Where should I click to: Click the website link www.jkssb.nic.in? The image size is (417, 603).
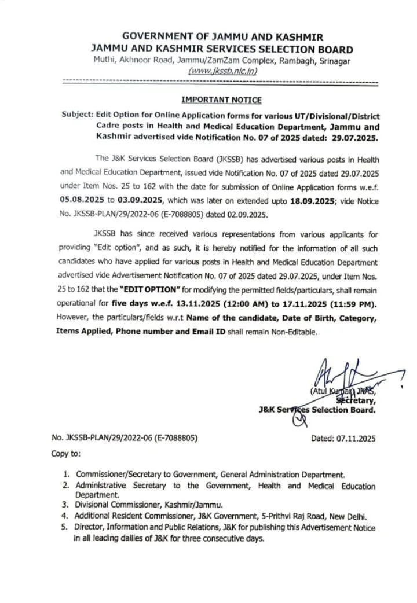223,71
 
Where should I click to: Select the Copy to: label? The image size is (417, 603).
66,453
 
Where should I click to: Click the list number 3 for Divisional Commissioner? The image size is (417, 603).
67,504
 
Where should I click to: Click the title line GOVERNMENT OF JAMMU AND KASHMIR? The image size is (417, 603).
223,37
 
